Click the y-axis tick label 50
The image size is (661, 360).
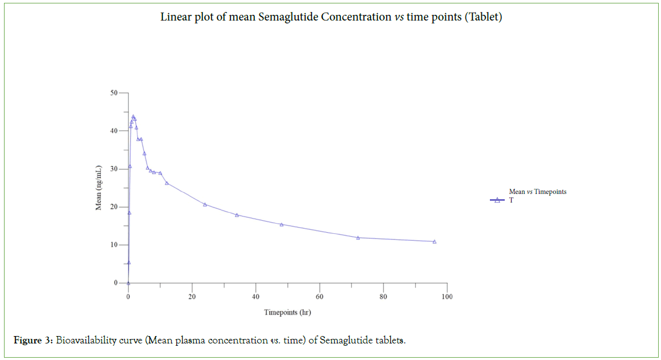point(114,93)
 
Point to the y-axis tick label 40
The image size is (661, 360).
point(114,131)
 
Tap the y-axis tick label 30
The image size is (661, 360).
point(114,169)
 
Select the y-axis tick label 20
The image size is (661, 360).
point(114,207)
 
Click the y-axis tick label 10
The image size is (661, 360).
point(114,245)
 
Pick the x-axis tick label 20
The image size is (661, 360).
point(192,296)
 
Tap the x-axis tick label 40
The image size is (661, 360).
point(256,296)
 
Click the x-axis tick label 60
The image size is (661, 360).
point(319,296)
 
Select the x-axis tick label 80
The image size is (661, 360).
point(383,296)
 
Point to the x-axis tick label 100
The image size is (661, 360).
point(447,296)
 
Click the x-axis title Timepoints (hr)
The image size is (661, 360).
point(287,312)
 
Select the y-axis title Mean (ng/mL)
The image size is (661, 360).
point(99,188)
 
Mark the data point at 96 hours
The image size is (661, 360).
point(435,241)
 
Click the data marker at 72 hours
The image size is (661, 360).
point(358,237)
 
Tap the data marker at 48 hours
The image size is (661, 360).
point(281,224)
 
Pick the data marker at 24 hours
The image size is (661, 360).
point(205,204)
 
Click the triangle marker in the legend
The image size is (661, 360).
point(497,200)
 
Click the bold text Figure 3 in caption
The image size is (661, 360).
point(33,341)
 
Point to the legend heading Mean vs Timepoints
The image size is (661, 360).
point(537,192)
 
